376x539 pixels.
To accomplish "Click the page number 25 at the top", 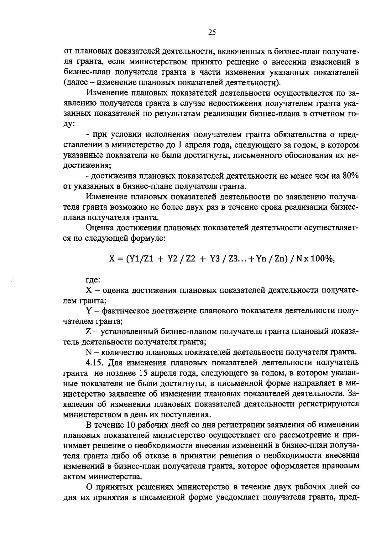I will pyautogui.click(x=212, y=33).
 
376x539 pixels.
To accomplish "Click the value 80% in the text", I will pyautogui.click(x=350, y=176).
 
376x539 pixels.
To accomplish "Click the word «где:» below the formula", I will pyautogui.click(x=93, y=280).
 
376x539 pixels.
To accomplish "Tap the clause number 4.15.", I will pyautogui.click(x=95, y=363).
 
